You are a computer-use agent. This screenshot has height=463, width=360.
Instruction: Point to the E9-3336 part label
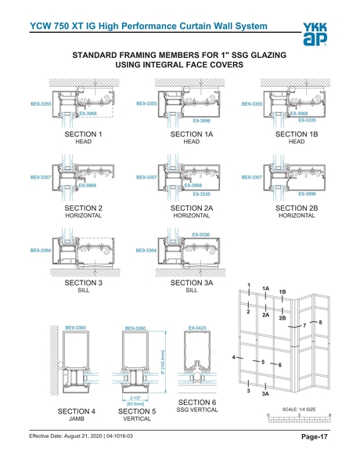point(201,234)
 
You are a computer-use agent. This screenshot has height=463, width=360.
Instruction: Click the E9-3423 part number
point(196,327)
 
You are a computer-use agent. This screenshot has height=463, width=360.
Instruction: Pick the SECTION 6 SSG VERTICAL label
point(197,405)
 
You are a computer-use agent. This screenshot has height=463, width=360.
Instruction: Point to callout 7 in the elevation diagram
point(304,325)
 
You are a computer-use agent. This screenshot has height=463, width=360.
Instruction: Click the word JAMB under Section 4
point(76,419)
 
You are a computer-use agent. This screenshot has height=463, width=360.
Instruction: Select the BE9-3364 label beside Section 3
point(41,251)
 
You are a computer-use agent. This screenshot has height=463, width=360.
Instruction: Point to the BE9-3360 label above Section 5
point(136,328)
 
